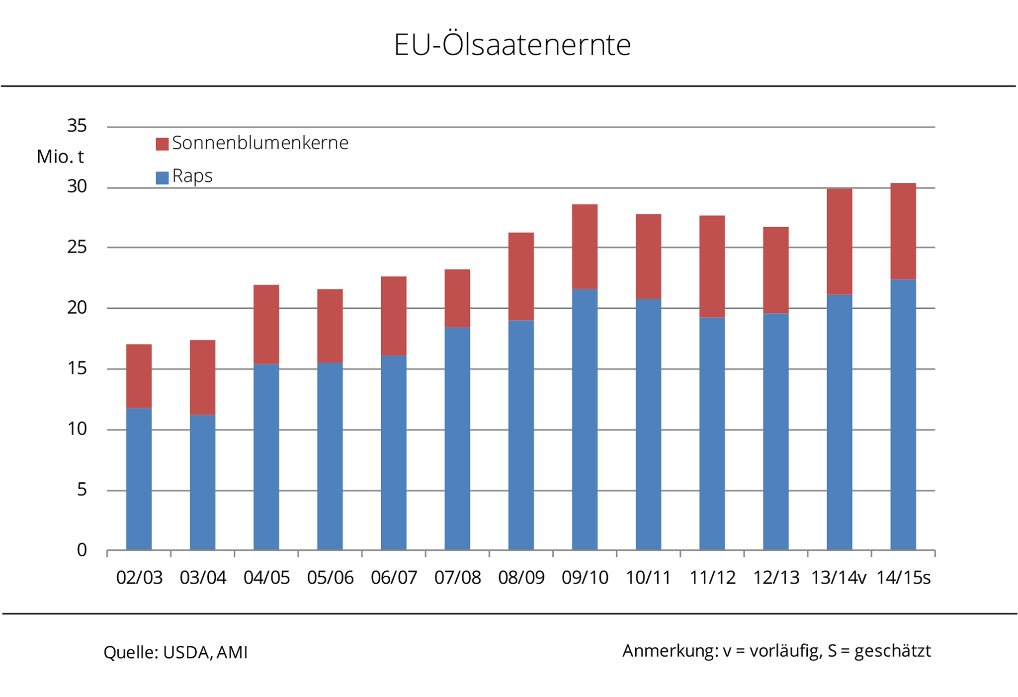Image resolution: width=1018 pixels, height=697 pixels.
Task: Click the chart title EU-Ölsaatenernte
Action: pyautogui.click(x=512, y=45)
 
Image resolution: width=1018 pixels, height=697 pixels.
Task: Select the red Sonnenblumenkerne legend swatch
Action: pyautogui.click(x=162, y=144)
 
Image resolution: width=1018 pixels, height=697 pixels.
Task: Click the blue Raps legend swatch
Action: pyautogui.click(x=162, y=177)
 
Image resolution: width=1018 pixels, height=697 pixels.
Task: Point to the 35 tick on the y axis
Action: pyautogui.click(x=77, y=126)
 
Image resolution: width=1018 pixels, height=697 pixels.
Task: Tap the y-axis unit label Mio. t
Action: pyautogui.click(x=60, y=157)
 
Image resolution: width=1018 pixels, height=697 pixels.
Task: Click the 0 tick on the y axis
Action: pyautogui.click(x=82, y=550)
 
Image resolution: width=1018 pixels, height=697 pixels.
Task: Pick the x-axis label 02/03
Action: pyautogui.click(x=139, y=578)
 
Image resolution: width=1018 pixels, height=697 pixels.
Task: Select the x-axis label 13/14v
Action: pyautogui.click(x=839, y=578)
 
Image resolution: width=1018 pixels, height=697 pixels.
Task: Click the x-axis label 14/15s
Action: pyautogui.click(x=903, y=578)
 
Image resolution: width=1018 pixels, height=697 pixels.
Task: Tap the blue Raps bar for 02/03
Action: pyautogui.click(x=139, y=478)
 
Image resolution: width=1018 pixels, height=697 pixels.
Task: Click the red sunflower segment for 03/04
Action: pyautogui.click(x=202, y=377)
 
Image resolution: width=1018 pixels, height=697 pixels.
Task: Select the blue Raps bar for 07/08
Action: pyautogui.click(x=457, y=437)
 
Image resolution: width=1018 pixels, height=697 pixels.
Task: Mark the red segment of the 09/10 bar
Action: pyautogui.click(x=585, y=247)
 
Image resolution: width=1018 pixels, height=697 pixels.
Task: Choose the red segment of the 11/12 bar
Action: pyautogui.click(x=712, y=266)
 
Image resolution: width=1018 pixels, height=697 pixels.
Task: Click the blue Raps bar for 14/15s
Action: pyautogui.click(x=903, y=414)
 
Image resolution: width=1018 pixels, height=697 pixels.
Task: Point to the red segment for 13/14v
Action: pyautogui.click(x=839, y=242)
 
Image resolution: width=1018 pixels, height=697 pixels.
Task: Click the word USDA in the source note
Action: pyautogui.click(x=186, y=652)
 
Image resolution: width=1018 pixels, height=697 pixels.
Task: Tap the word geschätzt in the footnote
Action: pyautogui.click(x=892, y=651)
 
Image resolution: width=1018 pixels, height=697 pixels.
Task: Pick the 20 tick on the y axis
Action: pyautogui.click(x=77, y=308)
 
